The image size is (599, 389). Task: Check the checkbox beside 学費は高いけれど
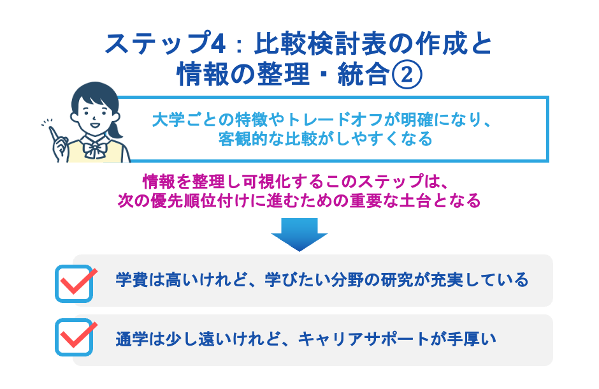click(75, 283)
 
